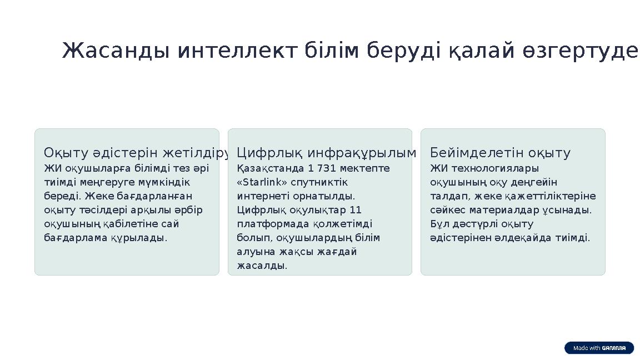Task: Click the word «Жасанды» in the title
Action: click(x=116, y=51)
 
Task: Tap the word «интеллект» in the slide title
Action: click(x=239, y=51)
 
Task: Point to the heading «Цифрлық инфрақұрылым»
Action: click(x=326, y=153)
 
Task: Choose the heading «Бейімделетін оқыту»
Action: click(x=501, y=153)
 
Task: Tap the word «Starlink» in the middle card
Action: click(x=264, y=182)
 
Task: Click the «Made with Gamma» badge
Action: click(x=599, y=348)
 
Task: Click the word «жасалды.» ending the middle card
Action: click(x=262, y=266)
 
